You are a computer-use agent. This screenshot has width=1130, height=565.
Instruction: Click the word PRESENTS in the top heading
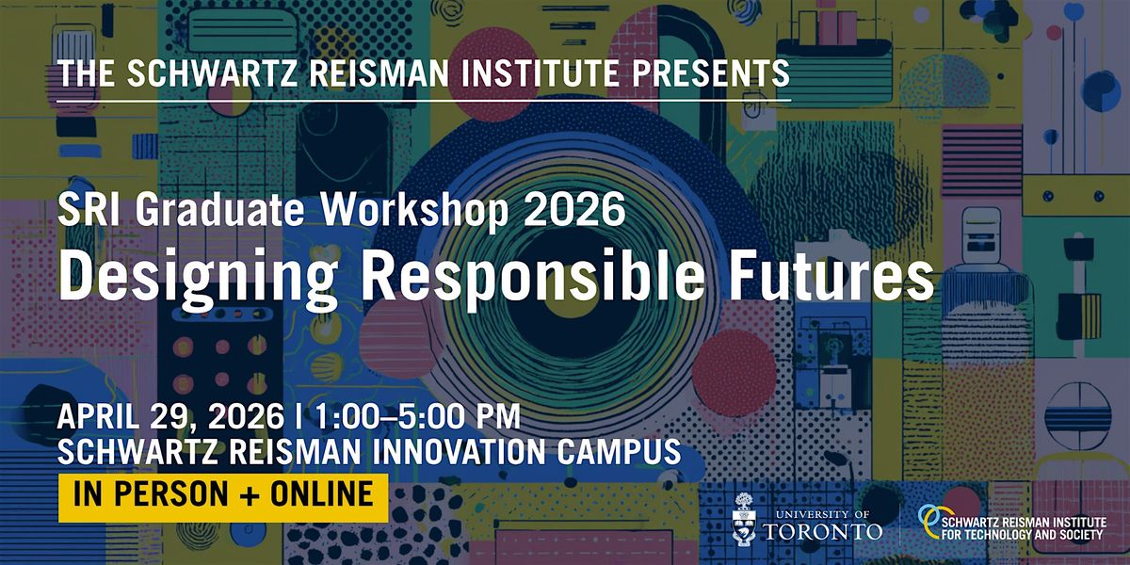click(711, 73)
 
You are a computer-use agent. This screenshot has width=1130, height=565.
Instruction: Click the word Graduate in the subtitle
click(219, 209)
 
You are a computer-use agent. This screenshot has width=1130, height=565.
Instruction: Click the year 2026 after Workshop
click(575, 209)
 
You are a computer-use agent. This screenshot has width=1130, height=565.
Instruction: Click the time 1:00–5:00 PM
click(418, 416)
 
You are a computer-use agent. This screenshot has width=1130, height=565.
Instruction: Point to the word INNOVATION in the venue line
click(460, 451)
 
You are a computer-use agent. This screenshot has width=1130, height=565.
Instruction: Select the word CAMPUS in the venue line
click(620, 451)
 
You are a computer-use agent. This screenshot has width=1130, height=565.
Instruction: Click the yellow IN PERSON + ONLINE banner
click(223, 497)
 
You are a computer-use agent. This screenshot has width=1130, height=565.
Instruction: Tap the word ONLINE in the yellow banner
click(322, 493)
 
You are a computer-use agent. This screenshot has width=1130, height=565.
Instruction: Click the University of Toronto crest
click(744, 519)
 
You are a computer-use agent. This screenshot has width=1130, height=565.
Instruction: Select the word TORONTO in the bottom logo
click(823, 531)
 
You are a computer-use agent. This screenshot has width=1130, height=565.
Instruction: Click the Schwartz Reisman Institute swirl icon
click(929, 522)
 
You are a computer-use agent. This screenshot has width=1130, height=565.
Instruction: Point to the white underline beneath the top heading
click(424, 101)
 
